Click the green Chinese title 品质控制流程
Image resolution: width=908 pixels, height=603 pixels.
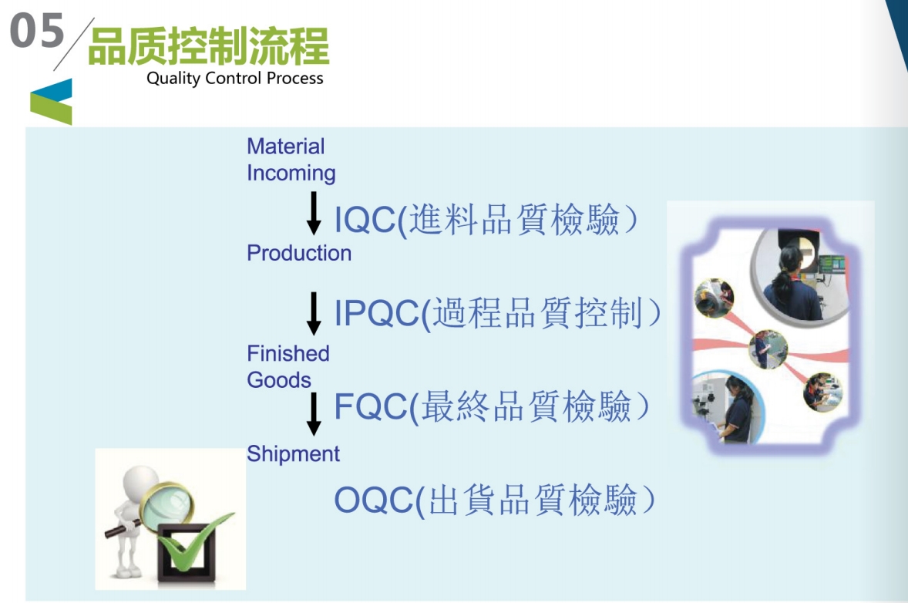(208, 45)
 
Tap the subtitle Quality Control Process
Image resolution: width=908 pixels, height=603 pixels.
(234, 78)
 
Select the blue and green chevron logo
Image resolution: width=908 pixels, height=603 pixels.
(52, 101)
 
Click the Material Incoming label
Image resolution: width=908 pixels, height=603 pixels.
(291, 160)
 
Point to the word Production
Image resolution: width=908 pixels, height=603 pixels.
(299, 253)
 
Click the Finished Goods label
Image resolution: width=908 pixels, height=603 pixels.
(288, 367)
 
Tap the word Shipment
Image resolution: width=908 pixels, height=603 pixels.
(293, 453)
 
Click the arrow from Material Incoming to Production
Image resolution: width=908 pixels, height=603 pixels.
(314, 213)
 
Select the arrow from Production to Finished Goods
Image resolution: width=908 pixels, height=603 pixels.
(314, 313)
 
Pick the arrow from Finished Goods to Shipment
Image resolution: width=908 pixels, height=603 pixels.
(314, 413)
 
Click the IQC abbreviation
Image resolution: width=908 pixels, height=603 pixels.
(365, 220)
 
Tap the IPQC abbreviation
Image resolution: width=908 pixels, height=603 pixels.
(376, 313)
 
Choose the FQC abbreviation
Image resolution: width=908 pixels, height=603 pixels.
(371, 406)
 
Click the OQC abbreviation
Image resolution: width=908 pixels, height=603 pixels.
(374, 500)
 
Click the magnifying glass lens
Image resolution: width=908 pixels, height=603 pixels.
(168, 507)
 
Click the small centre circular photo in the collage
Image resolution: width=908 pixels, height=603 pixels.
(768, 349)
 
